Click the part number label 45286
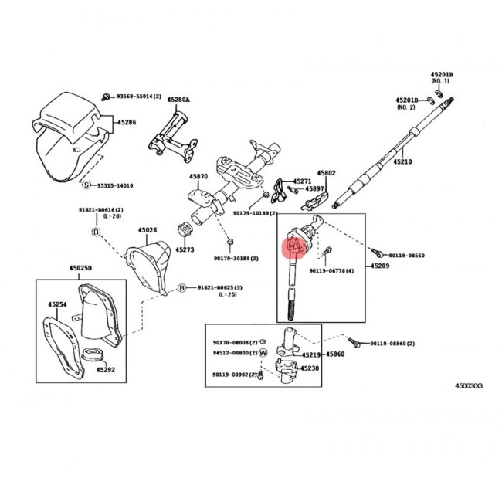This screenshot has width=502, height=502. pyautogui.click(x=127, y=122)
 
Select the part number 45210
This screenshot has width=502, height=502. pyautogui.click(x=404, y=162)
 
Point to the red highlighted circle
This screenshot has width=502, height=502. pyautogui.click(x=294, y=246)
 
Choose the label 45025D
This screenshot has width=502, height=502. pyautogui.click(x=80, y=267)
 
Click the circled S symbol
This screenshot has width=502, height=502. pyautogui.click(x=87, y=185)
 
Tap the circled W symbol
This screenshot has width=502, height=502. pyautogui.click(x=263, y=352)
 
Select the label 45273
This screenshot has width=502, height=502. pyautogui.click(x=185, y=249)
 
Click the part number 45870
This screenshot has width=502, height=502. pyautogui.click(x=198, y=177)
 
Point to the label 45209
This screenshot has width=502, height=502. pyautogui.click(x=380, y=266)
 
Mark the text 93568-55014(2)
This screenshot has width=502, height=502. pyautogui.click(x=138, y=96)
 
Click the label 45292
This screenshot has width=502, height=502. pyautogui.click(x=106, y=369)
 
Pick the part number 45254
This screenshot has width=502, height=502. pyautogui.click(x=58, y=304)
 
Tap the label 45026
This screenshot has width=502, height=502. pyautogui.click(x=148, y=229)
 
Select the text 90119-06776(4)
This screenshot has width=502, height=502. pyautogui.click(x=332, y=271)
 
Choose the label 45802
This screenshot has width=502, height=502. pyautogui.click(x=327, y=174)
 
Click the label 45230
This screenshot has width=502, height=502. pyautogui.click(x=310, y=368)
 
